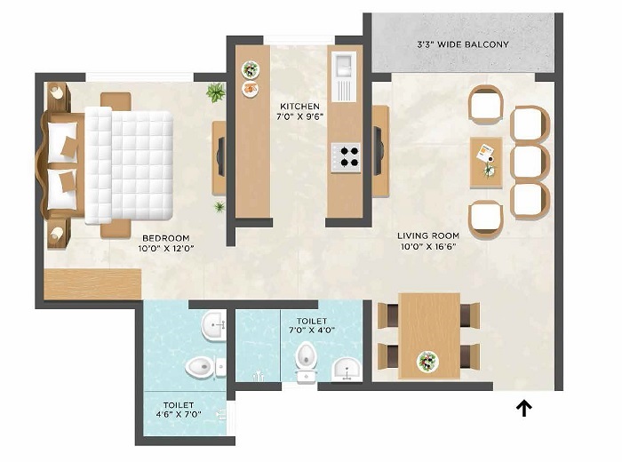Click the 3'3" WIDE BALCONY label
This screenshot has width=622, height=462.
[463, 44]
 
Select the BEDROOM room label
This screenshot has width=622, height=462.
[166, 238]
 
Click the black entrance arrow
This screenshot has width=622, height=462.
[525, 408]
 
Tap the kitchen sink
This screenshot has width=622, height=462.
[343, 68]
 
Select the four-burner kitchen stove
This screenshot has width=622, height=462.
[346, 158]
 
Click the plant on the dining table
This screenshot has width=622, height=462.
[428, 361]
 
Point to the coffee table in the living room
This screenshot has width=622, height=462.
[486, 161]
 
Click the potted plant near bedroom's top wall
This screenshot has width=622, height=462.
[215, 92]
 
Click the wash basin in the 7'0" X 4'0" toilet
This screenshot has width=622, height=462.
[345, 367]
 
